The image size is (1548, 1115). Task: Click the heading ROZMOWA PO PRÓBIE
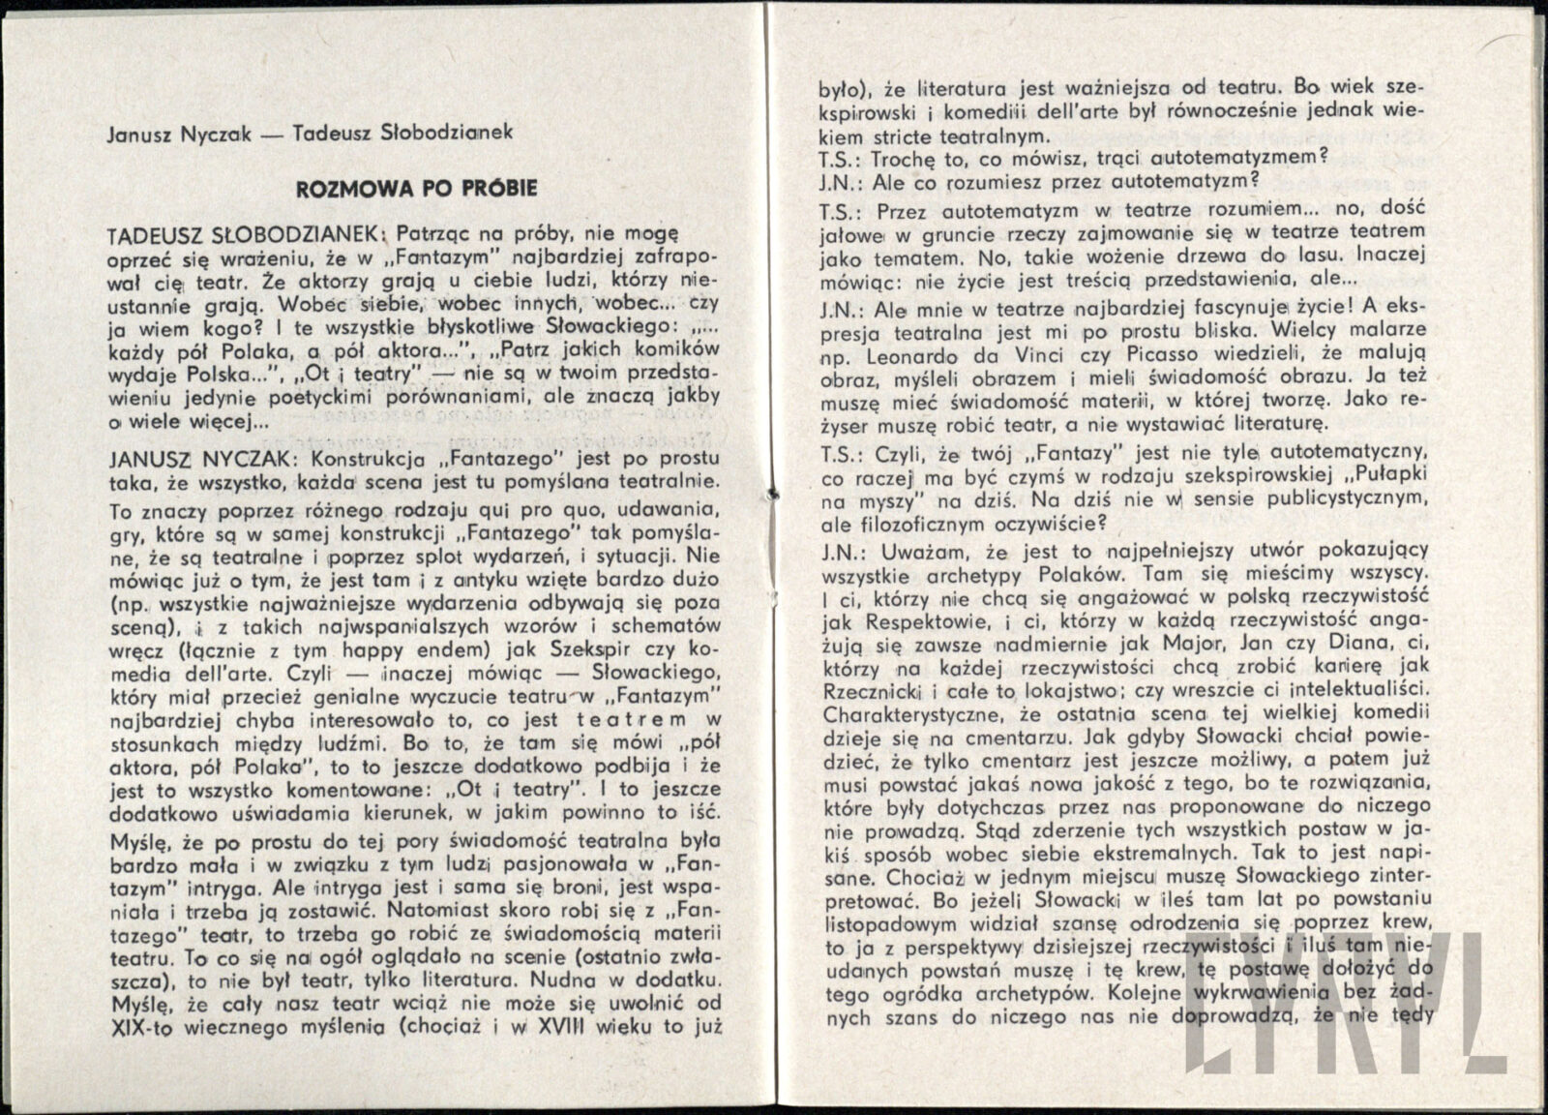pos(416,188)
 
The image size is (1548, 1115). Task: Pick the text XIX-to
pos(142,1027)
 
